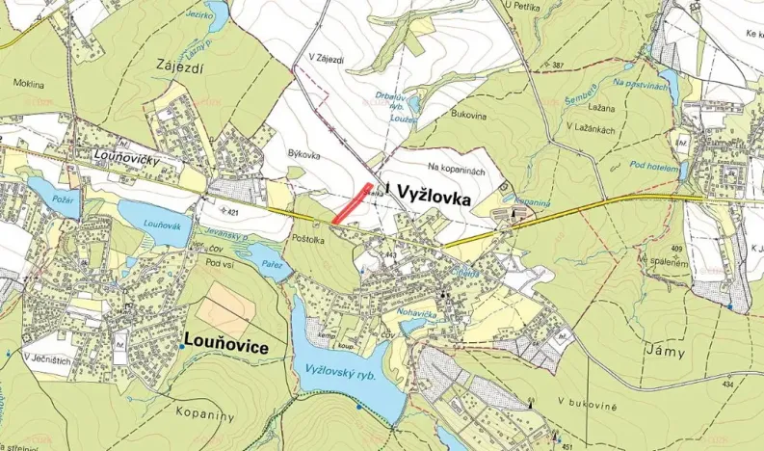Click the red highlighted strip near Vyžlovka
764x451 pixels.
click(354, 203)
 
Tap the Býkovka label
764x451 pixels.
click(303, 154)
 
